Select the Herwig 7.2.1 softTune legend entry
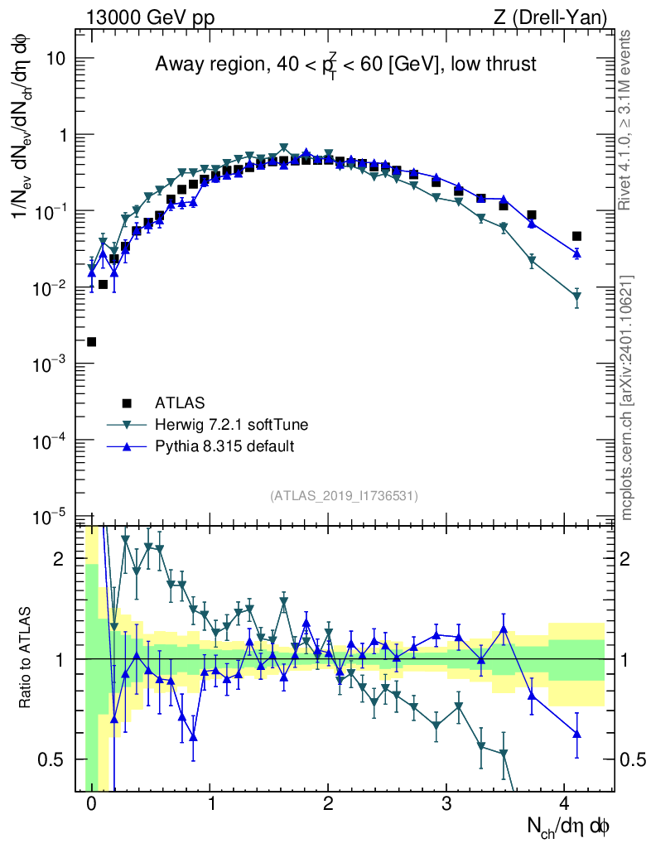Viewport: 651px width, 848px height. pos(231,425)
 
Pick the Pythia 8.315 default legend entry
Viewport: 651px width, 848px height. pos(224,446)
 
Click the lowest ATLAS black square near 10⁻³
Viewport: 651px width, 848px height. pos(91,342)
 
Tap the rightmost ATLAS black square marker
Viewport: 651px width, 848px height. pos(576,236)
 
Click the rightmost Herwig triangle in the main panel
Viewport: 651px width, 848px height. pos(576,296)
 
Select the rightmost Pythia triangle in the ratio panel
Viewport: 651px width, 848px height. pos(576,734)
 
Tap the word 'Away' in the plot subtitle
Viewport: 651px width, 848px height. pos(176,65)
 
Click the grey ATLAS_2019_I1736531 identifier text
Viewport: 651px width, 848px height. pos(344,495)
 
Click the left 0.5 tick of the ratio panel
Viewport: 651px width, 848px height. pos(55,759)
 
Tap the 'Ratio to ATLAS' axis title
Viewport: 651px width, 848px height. pos(26,659)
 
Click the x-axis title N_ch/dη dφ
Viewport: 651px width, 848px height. pos(569,826)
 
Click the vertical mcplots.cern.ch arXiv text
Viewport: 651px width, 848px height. pos(626,397)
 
